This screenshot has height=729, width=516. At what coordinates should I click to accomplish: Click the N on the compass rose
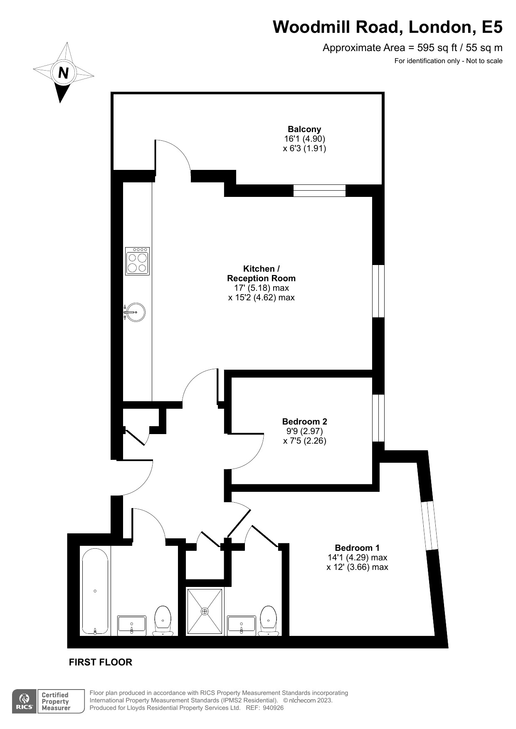point(63,73)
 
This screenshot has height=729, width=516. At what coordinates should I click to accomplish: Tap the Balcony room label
point(304,129)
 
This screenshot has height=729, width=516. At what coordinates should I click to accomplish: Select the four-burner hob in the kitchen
point(137,261)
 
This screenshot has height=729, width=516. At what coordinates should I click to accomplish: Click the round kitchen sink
point(136,312)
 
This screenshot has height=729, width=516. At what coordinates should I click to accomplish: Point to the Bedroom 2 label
point(304,421)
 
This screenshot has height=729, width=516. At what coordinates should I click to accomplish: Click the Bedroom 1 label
point(357,547)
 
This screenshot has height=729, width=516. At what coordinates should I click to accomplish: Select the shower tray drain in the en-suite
point(205,611)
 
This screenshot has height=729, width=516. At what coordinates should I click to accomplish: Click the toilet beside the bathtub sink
point(163,621)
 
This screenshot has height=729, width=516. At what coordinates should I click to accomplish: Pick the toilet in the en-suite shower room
point(269,621)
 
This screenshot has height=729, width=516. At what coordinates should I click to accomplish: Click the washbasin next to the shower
point(241,625)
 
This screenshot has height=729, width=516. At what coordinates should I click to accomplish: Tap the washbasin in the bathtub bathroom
point(132,625)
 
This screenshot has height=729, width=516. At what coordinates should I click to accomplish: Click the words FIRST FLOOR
point(101,662)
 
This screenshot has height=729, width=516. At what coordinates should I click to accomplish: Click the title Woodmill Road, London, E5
point(388,27)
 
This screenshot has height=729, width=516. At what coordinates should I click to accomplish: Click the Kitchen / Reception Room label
point(261,273)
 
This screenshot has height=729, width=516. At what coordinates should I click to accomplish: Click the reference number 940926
point(271,708)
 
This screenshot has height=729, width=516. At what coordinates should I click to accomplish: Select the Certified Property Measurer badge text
point(56,702)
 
